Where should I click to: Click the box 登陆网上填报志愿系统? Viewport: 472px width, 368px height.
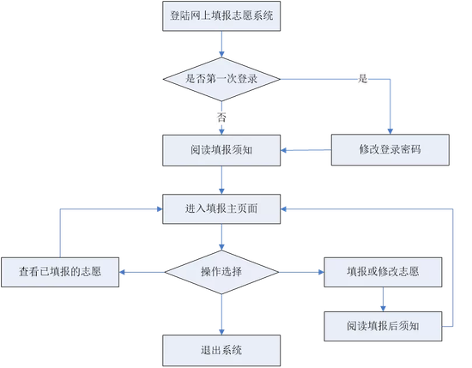pyautogui.click(x=221, y=16)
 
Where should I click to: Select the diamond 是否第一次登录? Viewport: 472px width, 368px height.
pyautogui.click(x=221, y=79)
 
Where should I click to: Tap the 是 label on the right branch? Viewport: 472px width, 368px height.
pyautogui.click(x=362, y=79)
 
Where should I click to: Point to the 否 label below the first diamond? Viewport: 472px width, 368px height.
pyautogui.click(x=221, y=118)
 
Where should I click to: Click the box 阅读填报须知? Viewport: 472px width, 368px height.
pyautogui.click(x=221, y=150)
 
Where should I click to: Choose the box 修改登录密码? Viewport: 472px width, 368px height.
pyautogui.click(x=390, y=150)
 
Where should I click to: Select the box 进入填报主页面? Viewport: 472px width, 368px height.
pyautogui.click(x=221, y=208)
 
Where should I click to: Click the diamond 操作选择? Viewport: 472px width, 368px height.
pyautogui.click(x=221, y=272)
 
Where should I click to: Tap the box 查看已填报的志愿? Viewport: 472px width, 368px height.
pyautogui.click(x=60, y=272)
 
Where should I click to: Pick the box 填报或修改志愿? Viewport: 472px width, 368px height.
pyautogui.click(x=383, y=272)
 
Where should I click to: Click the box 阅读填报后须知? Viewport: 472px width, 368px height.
pyautogui.click(x=383, y=326)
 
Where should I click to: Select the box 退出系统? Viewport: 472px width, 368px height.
pyautogui.click(x=221, y=350)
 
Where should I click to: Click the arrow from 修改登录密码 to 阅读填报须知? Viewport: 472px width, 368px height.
pyautogui.click(x=306, y=150)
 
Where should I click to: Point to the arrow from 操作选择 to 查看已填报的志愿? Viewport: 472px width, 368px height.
pyautogui.click(x=142, y=272)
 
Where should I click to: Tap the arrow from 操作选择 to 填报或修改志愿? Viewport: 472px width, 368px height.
pyautogui.click(x=301, y=272)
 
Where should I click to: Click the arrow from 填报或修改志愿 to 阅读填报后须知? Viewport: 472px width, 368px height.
pyautogui.click(x=383, y=299)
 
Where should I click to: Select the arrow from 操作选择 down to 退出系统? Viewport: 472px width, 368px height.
pyautogui.click(x=221, y=315)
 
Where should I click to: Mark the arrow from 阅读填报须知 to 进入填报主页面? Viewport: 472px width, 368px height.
pyautogui.click(x=221, y=180)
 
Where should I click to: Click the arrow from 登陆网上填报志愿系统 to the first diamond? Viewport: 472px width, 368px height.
pyautogui.click(x=221, y=45)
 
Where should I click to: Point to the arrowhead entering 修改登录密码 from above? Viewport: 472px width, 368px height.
pyautogui.click(x=390, y=131)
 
